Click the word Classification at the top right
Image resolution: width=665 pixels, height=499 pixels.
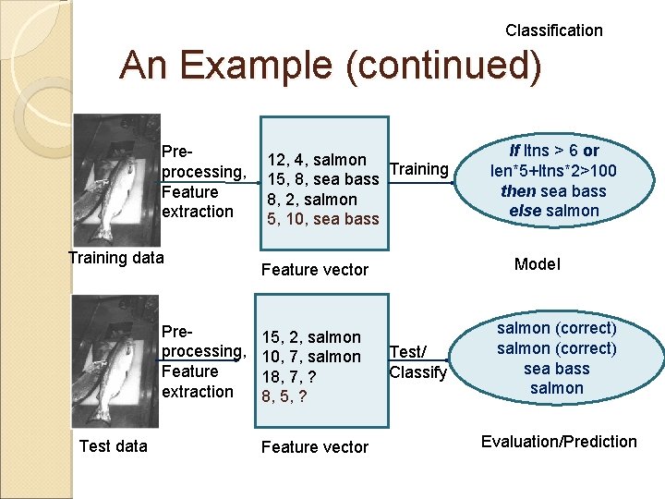(553, 30)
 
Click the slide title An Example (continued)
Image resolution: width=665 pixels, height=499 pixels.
(331, 67)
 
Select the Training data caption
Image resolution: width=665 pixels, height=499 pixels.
(115, 257)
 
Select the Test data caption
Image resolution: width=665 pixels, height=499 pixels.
(113, 446)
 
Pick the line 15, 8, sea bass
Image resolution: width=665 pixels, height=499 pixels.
(323, 179)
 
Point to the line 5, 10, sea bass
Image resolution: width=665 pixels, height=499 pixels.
(321, 219)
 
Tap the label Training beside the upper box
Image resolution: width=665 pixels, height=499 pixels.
(418, 169)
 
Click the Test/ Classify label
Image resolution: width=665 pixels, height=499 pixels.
(417, 362)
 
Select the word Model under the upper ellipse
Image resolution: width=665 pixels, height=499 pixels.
(537, 264)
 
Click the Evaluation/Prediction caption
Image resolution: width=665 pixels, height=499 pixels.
(559, 441)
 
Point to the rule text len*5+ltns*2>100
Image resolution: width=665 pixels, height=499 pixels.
(553, 170)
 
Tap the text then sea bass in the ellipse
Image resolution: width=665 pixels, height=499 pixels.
(553, 190)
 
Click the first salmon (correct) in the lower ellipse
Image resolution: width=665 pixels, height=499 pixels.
(556, 328)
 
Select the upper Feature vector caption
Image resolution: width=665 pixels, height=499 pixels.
(315, 270)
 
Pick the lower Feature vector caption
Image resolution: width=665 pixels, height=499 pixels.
(315, 447)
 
